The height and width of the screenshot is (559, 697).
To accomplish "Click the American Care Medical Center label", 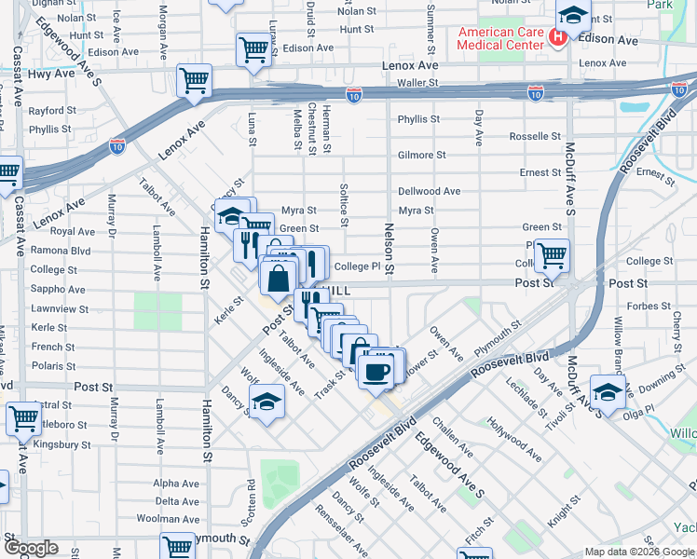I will [x=499, y=38].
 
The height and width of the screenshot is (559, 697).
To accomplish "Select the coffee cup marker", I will [x=376, y=372].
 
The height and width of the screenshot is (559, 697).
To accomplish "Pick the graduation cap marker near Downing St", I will [x=608, y=391].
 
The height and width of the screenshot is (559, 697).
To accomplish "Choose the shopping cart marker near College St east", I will [x=553, y=253].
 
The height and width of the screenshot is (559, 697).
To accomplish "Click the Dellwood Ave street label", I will [x=429, y=191].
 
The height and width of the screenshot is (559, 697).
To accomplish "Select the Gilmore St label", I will [x=421, y=156].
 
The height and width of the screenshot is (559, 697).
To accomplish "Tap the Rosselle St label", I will [x=535, y=136].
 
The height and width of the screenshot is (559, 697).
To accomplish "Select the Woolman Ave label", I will [x=177, y=518].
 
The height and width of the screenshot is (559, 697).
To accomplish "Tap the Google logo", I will [x=32, y=549].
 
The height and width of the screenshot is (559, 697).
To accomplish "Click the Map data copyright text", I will [x=639, y=552].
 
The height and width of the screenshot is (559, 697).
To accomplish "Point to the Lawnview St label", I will [x=60, y=308].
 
